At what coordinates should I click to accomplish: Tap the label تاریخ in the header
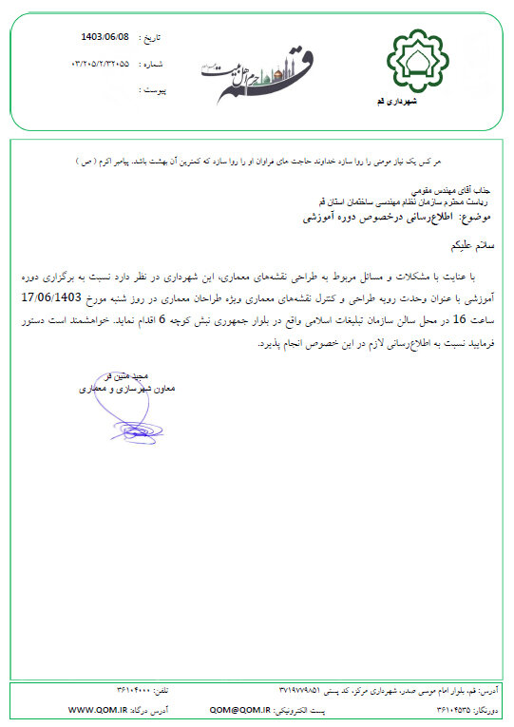pos(152,39)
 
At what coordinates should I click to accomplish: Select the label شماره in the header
pos(152,64)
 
